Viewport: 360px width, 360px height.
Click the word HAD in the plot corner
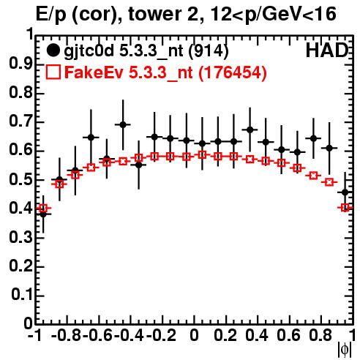pos(327,50)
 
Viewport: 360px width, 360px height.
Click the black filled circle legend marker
pos(53,50)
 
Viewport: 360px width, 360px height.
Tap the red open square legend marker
pos(53,72)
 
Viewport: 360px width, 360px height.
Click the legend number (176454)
pos(232,72)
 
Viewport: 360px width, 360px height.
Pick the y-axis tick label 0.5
pos(21,180)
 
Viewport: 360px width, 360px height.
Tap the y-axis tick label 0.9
pos(21,64)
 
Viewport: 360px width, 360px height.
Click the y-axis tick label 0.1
pos(22,295)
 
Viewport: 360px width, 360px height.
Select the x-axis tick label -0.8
pos(67,335)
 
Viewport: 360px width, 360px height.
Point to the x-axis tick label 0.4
pos(257,335)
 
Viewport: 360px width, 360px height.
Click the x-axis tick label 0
pos(194,335)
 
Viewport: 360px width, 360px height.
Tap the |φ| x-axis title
pos(345,350)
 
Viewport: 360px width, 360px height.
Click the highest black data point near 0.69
pos(123,124)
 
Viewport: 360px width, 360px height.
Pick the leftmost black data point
pos(43,214)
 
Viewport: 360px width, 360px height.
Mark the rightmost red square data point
pos(345,208)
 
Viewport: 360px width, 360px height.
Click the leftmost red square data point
pos(43,209)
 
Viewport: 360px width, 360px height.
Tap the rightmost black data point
pos(345,192)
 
